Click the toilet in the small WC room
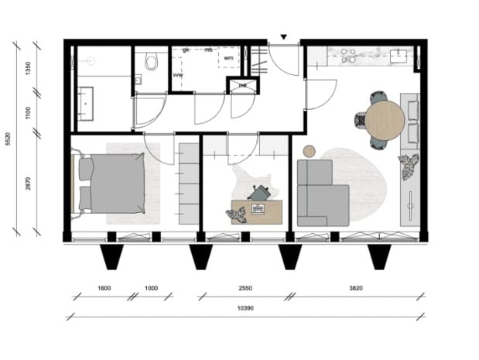(152, 60)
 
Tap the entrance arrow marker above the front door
(284, 36)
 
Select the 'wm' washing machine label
(229, 58)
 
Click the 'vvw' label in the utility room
(177, 76)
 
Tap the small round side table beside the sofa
(309, 150)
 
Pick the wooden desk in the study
(256, 211)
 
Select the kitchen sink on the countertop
(400, 55)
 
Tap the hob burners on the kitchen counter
(346, 54)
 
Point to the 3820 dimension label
(357, 288)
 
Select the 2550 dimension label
(245, 288)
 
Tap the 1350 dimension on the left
(28, 69)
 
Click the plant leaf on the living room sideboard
(408, 165)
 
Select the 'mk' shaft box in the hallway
(242, 85)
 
